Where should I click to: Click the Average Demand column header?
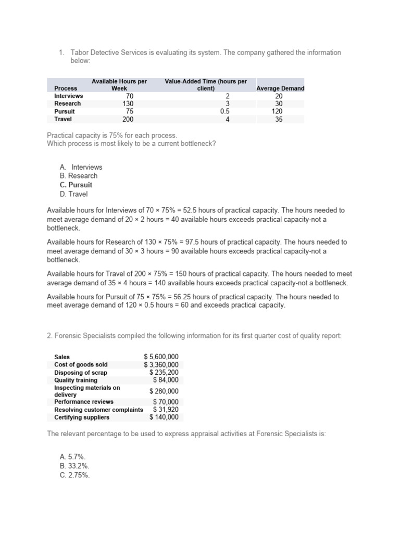pos(280,88)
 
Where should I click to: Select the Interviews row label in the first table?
pos(68,96)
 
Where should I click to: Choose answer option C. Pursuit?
pos(76,185)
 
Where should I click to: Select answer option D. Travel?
pos(73,194)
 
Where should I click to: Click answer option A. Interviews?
pos(81,167)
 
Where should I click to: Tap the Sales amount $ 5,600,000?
pos(161,357)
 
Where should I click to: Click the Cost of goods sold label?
pos(81,365)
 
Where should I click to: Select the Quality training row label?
pos(76,380)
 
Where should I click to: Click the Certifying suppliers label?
pos(82,417)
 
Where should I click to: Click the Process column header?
pos(66,88)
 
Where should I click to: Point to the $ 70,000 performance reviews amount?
pos(166,402)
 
